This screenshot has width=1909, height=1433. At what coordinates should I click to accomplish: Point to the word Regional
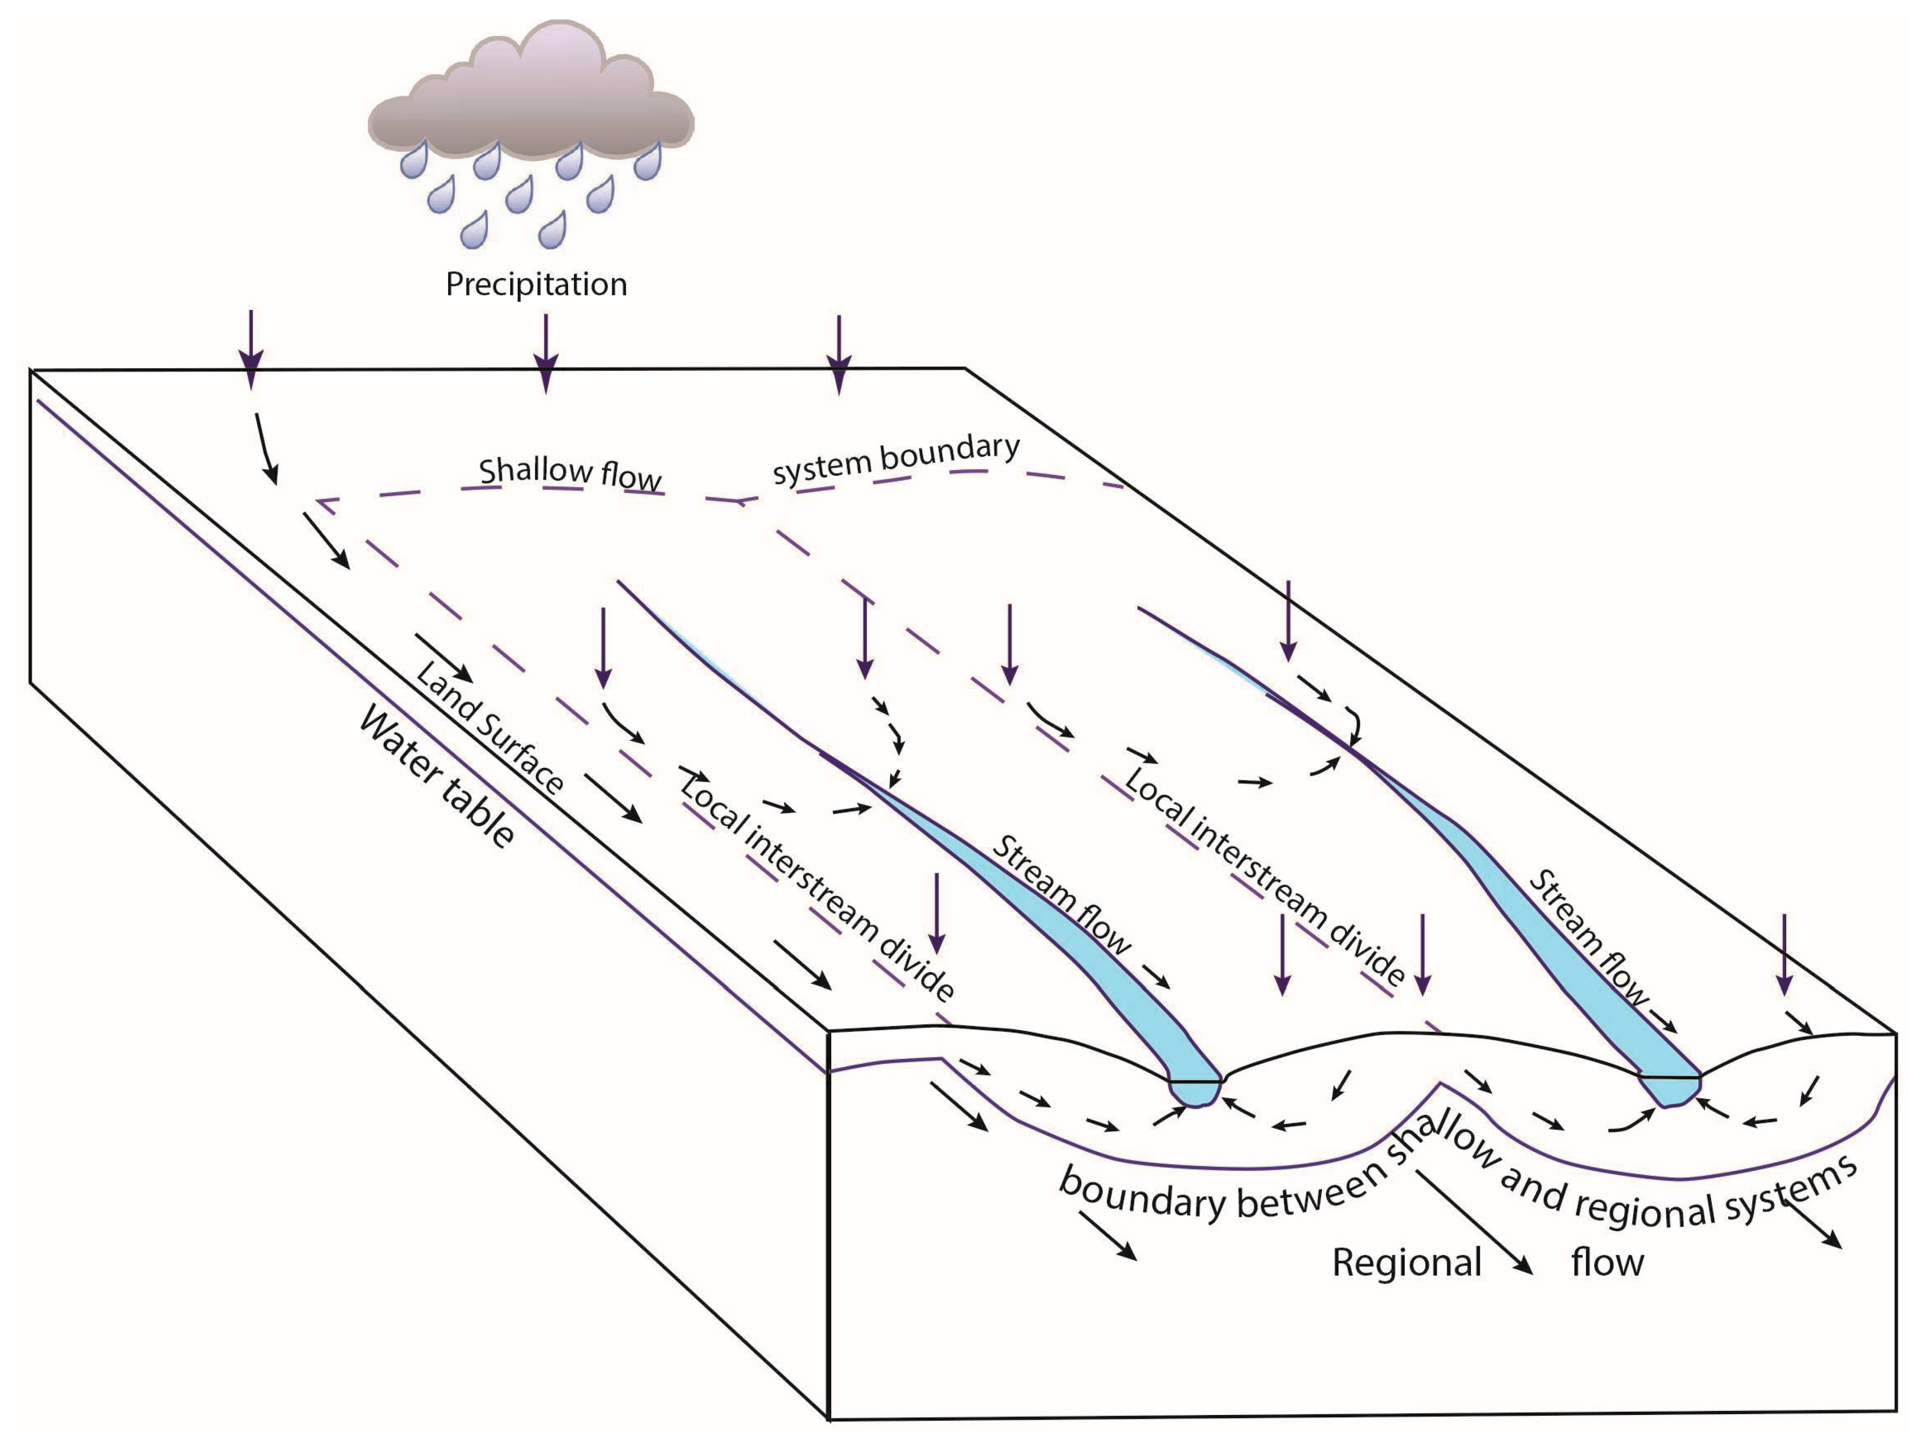click(x=1407, y=1263)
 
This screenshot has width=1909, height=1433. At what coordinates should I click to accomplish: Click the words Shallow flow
click(x=569, y=473)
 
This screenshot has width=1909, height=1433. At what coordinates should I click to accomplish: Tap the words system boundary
click(x=896, y=458)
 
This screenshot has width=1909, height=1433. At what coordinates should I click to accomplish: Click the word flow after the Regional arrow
click(x=1607, y=1263)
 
